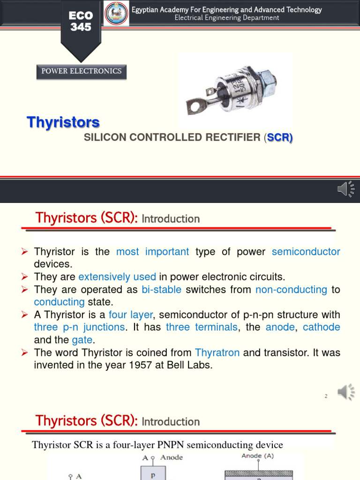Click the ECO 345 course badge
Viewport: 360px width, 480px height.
pyautogui.click(x=81, y=22)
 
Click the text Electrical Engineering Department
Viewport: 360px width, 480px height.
pyautogui.click(x=227, y=18)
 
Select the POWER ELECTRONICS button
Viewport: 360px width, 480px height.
pyautogui.click(x=82, y=71)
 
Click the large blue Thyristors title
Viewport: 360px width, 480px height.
pyautogui.click(x=63, y=122)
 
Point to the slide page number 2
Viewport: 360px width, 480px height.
pyautogui.click(x=326, y=397)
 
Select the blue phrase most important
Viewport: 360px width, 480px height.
pyautogui.click(x=152, y=252)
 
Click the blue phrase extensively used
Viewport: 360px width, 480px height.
pyautogui.click(x=117, y=277)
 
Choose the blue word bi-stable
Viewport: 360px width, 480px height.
pyautogui.click(x=161, y=290)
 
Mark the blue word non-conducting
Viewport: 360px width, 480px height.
pyautogui.click(x=291, y=290)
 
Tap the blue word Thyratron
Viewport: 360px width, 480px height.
pyautogui.click(x=217, y=352)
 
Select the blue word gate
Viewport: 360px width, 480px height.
pyautogui.click(x=82, y=340)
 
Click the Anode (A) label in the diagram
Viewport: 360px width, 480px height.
pyautogui.click(x=257, y=456)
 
